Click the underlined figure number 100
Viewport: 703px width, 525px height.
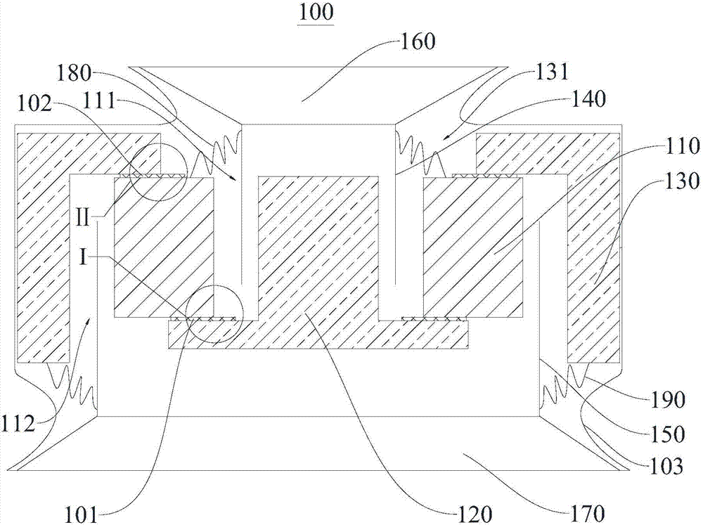[318, 13]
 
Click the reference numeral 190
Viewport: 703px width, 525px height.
[664, 401]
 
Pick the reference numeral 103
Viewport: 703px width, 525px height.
[664, 466]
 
